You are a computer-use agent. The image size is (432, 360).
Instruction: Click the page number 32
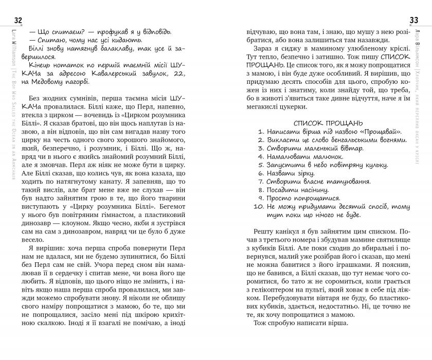[x=19, y=20]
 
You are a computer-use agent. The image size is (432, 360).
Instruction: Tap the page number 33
[x=413, y=20]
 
